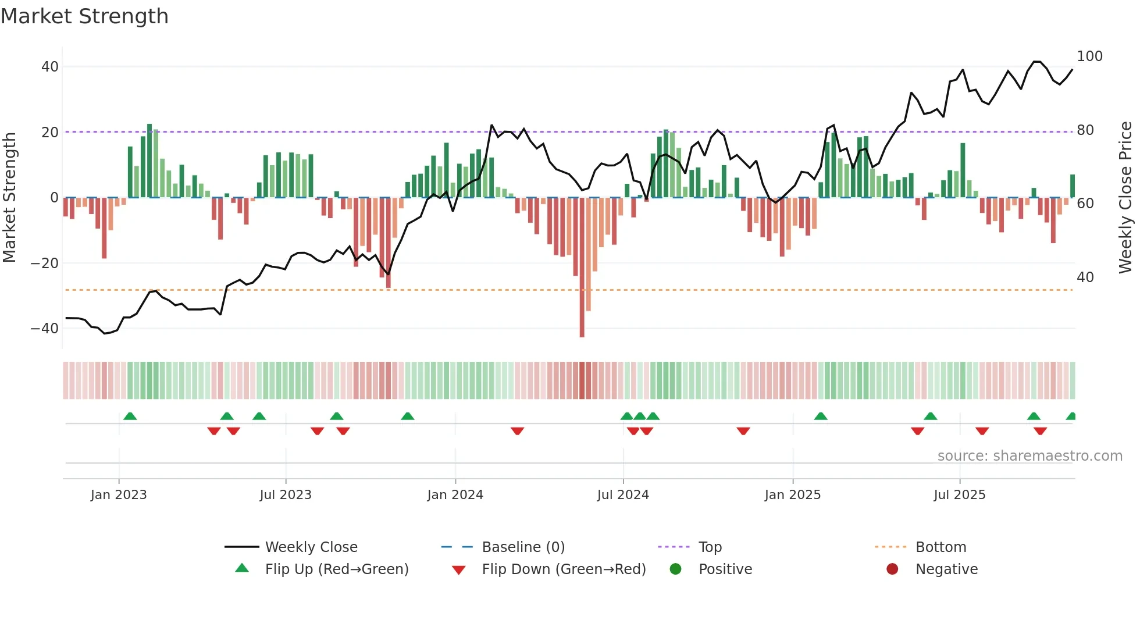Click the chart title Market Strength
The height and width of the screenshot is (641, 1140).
(x=84, y=16)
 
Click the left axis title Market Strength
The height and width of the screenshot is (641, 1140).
(x=9, y=197)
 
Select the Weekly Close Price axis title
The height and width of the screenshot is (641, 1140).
(x=1125, y=197)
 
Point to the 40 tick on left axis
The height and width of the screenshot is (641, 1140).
(x=49, y=67)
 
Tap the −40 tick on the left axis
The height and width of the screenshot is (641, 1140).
(x=45, y=329)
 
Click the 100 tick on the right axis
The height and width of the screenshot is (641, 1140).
(x=1089, y=56)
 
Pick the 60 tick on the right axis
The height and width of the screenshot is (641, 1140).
(x=1085, y=204)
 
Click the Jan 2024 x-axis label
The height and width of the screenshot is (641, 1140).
(x=455, y=495)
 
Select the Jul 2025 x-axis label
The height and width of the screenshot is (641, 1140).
(x=959, y=495)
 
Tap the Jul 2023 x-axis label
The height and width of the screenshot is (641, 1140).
(x=286, y=495)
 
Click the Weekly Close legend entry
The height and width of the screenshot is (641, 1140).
(x=311, y=547)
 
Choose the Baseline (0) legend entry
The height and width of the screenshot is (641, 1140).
(x=523, y=547)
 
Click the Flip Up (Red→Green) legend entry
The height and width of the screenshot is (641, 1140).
(x=337, y=569)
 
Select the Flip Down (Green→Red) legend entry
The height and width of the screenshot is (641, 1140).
(x=564, y=569)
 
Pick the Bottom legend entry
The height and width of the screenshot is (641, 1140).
(x=940, y=547)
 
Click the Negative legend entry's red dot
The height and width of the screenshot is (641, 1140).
(x=892, y=569)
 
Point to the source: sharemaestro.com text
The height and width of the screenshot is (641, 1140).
(x=1029, y=456)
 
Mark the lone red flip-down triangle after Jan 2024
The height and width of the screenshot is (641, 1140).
(x=517, y=431)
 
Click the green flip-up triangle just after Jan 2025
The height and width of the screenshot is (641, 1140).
(x=821, y=416)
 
